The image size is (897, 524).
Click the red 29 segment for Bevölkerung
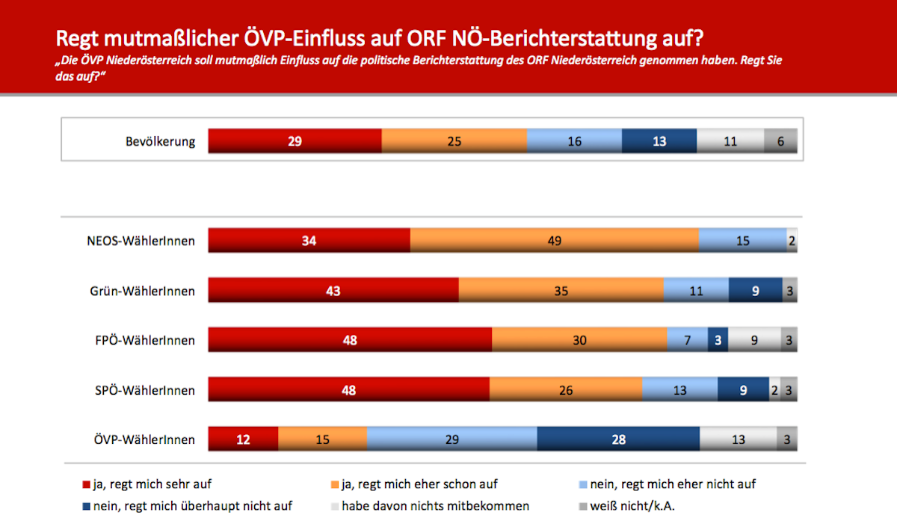tap(295, 141)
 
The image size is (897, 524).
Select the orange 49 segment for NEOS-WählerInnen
tap(554, 241)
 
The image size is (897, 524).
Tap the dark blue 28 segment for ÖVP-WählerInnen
tap(618, 440)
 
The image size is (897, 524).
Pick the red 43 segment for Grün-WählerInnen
tap(333, 291)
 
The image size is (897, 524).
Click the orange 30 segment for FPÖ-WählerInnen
tap(579, 340)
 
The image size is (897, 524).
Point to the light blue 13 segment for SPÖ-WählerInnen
tap(679, 390)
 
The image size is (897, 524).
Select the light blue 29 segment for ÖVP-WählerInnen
tap(451, 440)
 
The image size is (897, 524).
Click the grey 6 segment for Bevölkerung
tap(780, 141)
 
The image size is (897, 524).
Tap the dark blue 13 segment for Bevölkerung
tap(659, 141)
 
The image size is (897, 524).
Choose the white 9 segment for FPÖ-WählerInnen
tap(754, 340)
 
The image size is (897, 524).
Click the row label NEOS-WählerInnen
tap(141, 241)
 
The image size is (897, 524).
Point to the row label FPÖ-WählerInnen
tap(145, 340)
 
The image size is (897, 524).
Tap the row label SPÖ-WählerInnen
tap(145, 390)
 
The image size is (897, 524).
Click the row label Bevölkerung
tap(161, 141)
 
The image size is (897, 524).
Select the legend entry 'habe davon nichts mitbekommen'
tap(435, 506)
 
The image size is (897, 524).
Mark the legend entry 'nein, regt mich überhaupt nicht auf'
tap(191, 506)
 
